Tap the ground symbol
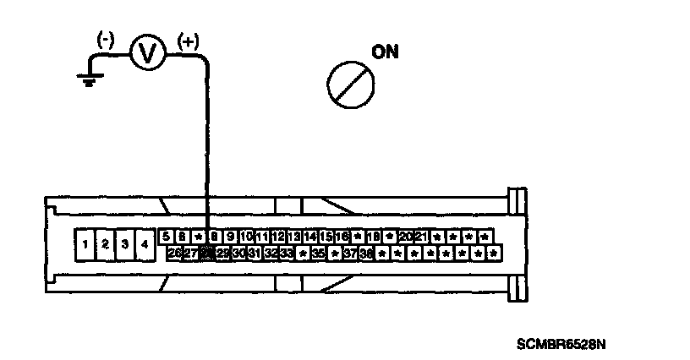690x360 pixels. [85, 79]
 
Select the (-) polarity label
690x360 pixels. [107, 39]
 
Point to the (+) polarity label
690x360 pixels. [187, 39]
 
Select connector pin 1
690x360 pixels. [85, 244]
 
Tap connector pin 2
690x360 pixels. [105, 244]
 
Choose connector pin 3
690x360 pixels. [125, 244]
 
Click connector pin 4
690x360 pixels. [145, 244]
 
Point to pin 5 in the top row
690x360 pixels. [167, 237]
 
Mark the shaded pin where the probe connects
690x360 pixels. [207, 252]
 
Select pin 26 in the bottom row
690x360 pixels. [175, 252]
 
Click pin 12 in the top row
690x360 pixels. [278, 237]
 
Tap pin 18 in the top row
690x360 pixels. [374, 237]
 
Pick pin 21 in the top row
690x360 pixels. [422, 237]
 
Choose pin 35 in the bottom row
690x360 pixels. [319, 252]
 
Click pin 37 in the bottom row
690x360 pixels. [351, 252]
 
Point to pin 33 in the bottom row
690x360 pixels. [287, 252]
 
